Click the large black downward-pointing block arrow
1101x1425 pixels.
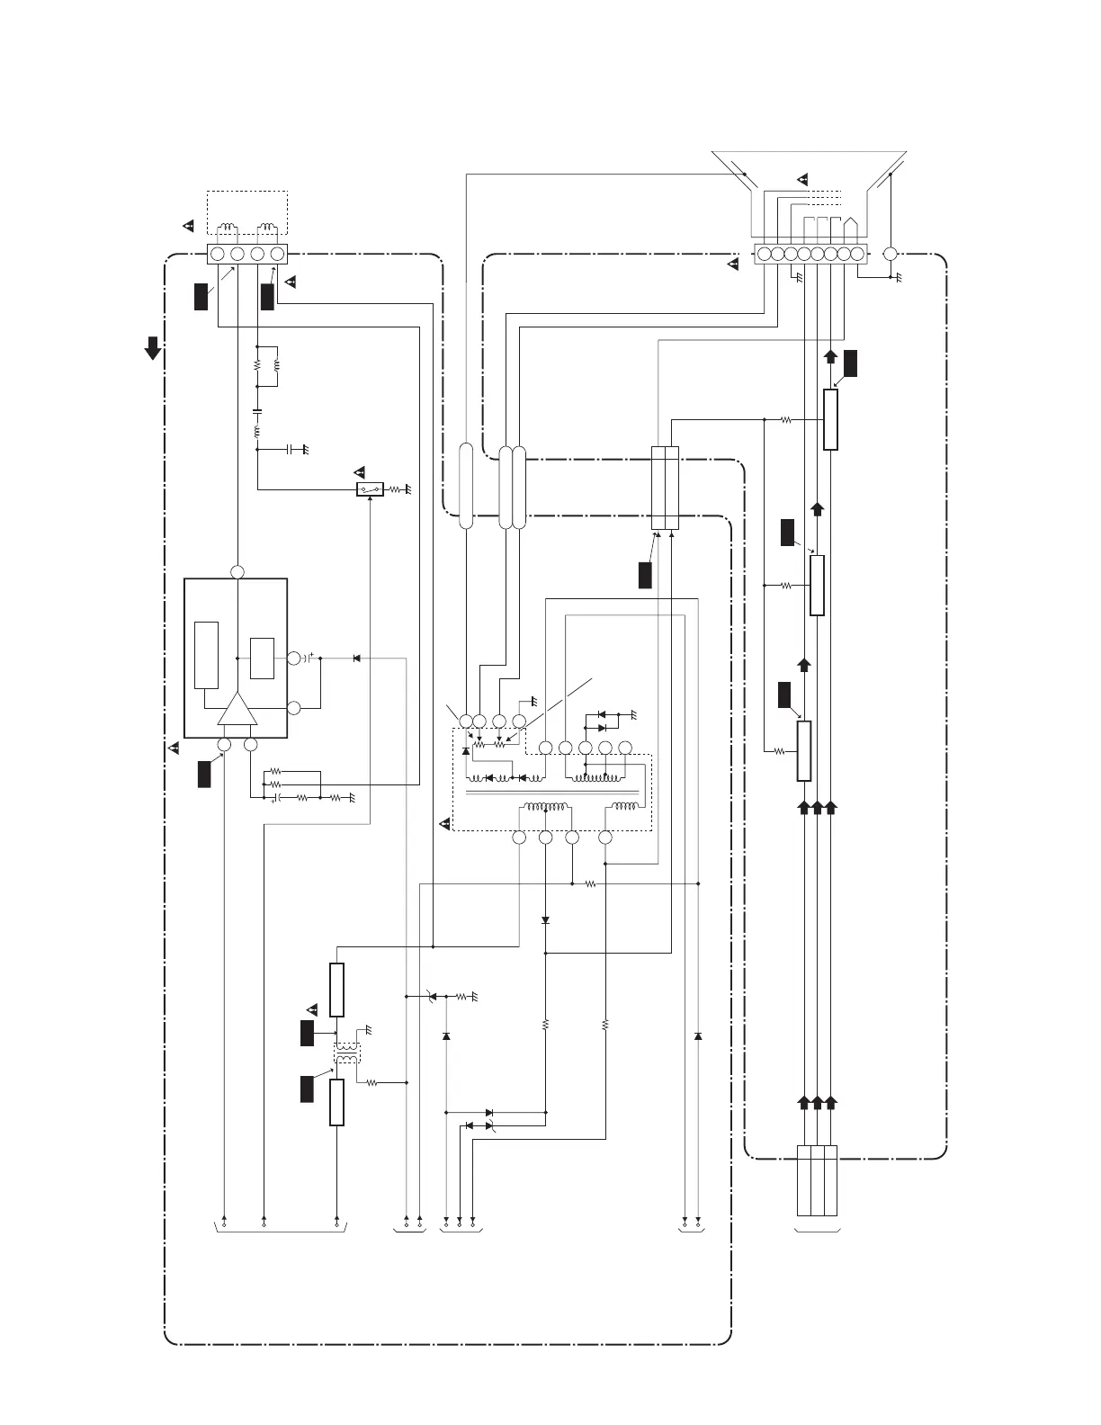tap(154, 348)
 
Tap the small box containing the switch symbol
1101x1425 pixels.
tap(370, 489)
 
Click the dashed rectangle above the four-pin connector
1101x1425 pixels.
tap(247, 212)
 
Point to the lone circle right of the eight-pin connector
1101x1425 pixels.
tap(891, 254)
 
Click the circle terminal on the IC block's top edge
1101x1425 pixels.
tap(237, 572)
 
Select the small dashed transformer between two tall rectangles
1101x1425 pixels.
tap(347, 1053)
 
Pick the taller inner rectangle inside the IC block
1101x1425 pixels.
tap(206, 654)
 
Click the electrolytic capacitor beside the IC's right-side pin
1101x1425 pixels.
tap(308, 659)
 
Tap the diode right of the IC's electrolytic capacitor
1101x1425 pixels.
tap(356, 659)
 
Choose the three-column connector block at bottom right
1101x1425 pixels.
tap(817, 1179)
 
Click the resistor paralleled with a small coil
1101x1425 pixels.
tap(257, 366)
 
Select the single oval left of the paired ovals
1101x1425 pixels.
tap(466, 486)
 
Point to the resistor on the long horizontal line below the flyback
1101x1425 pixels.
tap(590, 884)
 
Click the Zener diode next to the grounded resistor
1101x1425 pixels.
tap(433, 996)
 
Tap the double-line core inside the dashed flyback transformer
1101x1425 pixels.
tap(553, 793)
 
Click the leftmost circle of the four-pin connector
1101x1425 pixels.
tap(218, 255)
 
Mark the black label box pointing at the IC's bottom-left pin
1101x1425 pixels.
tap(204, 774)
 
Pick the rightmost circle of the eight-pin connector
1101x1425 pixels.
tap(856, 254)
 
